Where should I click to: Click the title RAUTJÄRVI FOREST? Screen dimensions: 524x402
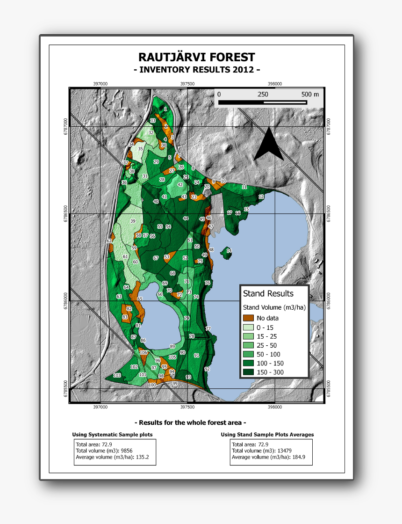197,58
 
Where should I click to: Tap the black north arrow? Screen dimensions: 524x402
269,145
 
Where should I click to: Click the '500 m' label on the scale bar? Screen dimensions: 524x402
310,94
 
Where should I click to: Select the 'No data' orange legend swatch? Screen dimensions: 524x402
249,318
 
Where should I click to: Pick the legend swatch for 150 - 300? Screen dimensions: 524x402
249,372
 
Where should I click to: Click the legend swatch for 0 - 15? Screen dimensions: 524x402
249,327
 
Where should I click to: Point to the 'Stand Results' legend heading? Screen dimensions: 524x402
268,293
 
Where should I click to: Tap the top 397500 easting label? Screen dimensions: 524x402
187,83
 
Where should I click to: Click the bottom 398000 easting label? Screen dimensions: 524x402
275,407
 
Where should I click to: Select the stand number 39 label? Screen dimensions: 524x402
133,221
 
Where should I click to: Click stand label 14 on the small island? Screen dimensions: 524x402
229,251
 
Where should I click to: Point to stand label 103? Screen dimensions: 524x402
117,376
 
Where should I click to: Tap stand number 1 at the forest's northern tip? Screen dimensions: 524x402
165,109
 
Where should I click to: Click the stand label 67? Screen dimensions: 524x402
156,258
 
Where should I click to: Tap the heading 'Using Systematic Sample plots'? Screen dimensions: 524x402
112,435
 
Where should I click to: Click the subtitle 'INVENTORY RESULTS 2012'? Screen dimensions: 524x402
197,70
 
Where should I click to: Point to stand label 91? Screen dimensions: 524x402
196,356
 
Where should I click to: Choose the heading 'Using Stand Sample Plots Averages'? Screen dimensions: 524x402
267,435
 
